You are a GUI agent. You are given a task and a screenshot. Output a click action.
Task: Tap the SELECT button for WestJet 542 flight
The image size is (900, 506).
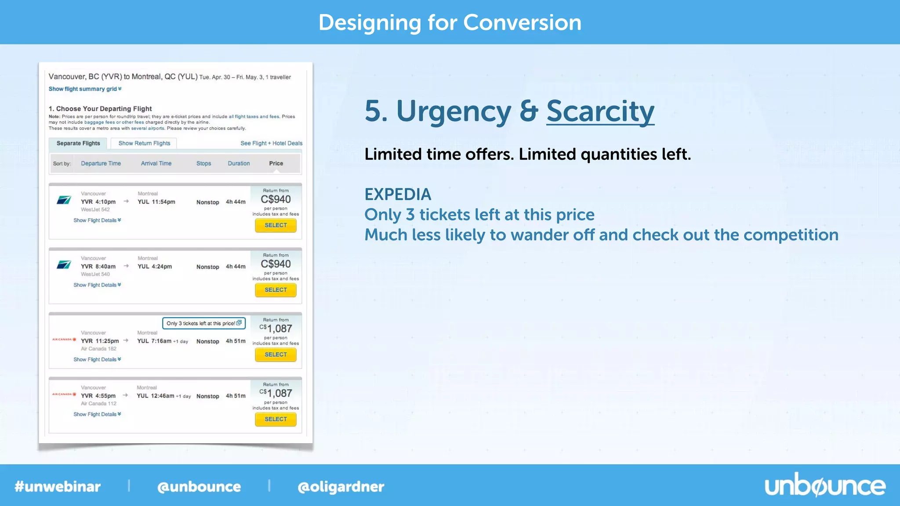pyautogui.click(x=276, y=225)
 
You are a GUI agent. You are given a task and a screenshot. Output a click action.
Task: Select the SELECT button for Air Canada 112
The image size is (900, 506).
pyautogui.click(x=276, y=419)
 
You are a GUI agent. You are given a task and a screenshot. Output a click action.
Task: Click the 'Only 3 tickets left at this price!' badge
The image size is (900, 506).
pyautogui.click(x=203, y=323)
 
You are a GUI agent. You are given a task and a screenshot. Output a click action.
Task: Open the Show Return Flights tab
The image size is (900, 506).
pyautogui.click(x=144, y=143)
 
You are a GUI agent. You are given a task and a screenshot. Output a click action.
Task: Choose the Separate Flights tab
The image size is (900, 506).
pyautogui.click(x=78, y=143)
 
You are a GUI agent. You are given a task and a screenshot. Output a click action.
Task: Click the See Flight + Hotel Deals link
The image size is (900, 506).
pyautogui.click(x=271, y=143)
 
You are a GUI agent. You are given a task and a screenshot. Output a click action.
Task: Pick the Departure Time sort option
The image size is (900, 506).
pyautogui.click(x=101, y=163)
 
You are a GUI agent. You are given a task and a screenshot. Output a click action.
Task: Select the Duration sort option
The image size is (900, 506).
pyautogui.click(x=239, y=163)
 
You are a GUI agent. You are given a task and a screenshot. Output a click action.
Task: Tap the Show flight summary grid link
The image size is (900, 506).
pyautogui.click(x=85, y=89)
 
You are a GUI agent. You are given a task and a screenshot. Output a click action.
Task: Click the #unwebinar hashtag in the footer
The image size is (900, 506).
pyautogui.click(x=58, y=487)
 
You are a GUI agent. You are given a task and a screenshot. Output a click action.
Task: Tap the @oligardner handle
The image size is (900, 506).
pyautogui.click(x=341, y=487)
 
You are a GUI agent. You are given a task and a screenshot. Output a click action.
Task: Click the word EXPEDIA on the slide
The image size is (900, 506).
pyautogui.click(x=398, y=194)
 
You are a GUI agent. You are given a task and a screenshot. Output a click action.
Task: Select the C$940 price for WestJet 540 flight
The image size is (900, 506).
pyautogui.click(x=276, y=264)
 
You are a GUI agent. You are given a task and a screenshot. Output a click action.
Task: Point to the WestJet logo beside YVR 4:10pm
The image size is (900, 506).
pyautogui.click(x=64, y=200)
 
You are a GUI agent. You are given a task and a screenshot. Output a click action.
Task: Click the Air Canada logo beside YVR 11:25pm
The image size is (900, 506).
pyautogui.click(x=64, y=340)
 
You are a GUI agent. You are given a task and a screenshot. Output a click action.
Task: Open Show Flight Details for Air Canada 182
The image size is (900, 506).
pyautogui.click(x=97, y=359)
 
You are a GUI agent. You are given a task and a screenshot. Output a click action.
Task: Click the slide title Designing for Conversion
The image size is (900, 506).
pyautogui.click(x=450, y=22)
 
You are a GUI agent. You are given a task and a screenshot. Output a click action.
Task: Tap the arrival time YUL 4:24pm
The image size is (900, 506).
pyautogui.click(x=155, y=267)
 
